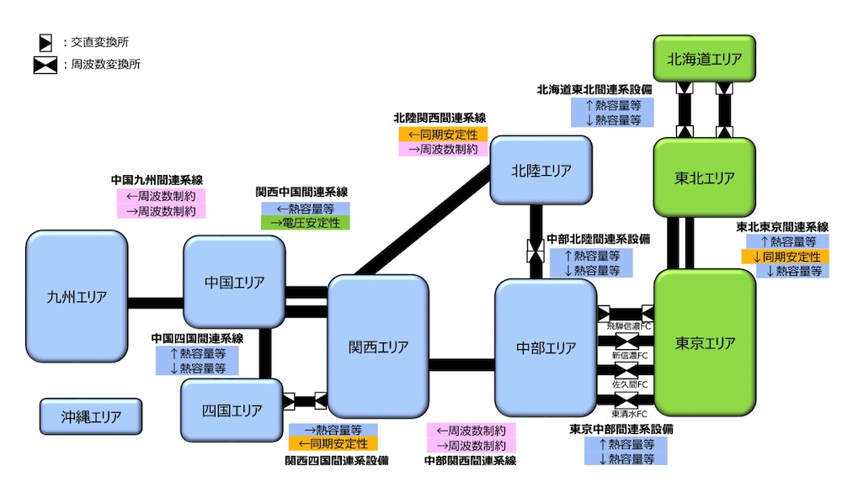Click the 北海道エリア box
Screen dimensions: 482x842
point(704,60)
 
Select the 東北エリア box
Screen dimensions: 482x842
point(704,178)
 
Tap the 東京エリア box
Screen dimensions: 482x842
point(704,342)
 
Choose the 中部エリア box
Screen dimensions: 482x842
point(546,347)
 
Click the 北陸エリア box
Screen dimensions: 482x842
point(541,171)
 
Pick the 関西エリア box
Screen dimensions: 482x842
point(378,347)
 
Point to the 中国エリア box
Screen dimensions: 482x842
point(234,282)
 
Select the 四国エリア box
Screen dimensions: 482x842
point(232,410)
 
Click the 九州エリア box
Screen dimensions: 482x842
point(77,296)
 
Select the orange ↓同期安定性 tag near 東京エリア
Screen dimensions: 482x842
point(784,257)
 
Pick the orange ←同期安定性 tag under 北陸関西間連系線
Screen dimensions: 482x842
point(442,135)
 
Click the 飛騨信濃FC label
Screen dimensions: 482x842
point(630,325)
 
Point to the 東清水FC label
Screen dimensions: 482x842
point(630,414)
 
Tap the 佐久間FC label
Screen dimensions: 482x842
point(630,384)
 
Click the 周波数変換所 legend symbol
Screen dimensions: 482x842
point(45,65)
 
